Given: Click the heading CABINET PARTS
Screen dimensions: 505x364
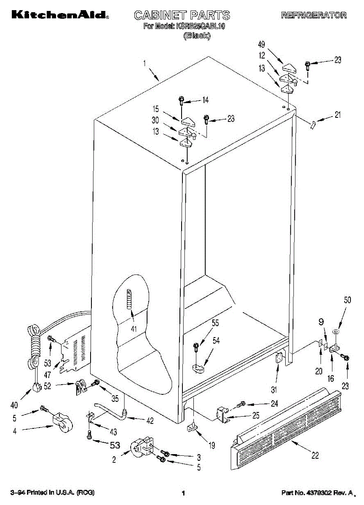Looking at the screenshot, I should [182, 15].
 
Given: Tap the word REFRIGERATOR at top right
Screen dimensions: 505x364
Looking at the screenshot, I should [314, 15].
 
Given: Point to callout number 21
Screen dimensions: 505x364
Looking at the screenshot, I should [337, 114].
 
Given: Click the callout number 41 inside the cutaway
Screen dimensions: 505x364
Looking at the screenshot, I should [134, 329].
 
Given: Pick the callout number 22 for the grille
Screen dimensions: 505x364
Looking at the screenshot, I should [315, 455].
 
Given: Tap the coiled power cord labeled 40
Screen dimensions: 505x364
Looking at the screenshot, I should [34, 349].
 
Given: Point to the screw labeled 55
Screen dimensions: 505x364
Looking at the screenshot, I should [196, 347].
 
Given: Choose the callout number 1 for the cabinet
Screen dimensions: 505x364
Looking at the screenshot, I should [144, 64].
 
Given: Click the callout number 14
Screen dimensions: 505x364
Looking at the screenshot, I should [206, 100].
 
